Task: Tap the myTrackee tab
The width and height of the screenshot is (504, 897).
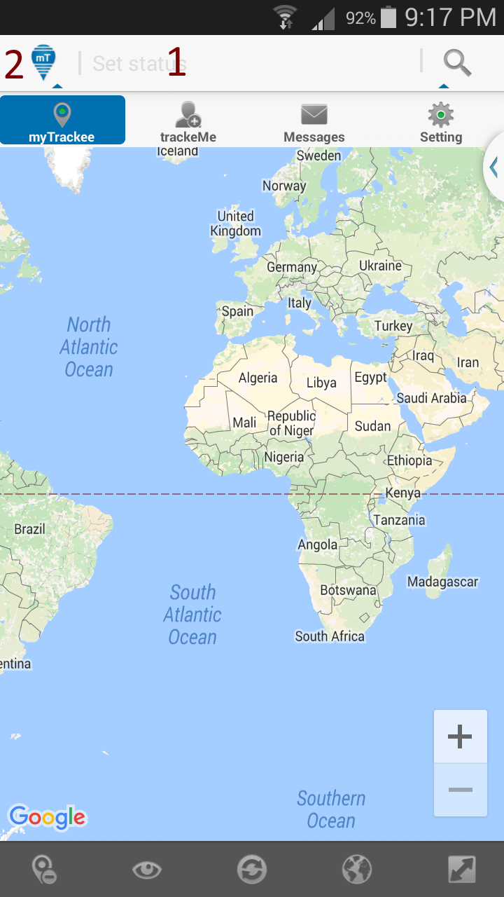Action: pyautogui.click(x=62, y=121)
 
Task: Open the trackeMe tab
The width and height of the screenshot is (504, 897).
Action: pyautogui.click(x=188, y=121)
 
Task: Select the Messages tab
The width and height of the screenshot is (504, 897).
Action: pyautogui.click(x=314, y=121)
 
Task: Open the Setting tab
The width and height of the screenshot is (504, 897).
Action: pyautogui.click(x=440, y=121)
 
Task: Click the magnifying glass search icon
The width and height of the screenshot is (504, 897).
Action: pyautogui.click(x=457, y=63)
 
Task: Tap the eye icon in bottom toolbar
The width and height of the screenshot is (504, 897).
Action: pyautogui.click(x=147, y=870)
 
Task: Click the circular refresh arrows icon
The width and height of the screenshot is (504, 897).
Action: pyautogui.click(x=252, y=870)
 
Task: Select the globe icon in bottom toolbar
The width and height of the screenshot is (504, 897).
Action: pyautogui.click(x=357, y=870)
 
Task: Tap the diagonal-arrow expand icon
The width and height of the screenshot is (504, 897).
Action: pyautogui.click(x=462, y=870)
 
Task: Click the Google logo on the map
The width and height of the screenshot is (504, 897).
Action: pyautogui.click(x=48, y=817)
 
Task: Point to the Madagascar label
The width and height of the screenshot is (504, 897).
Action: pyautogui.click(x=442, y=582)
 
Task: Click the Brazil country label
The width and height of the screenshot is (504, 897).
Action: pyautogui.click(x=29, y=529)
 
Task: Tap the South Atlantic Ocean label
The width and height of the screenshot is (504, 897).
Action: pyautogui.click(x=192, y=615)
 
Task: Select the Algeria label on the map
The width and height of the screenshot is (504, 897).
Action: pyautogui.click(x=258, y=378)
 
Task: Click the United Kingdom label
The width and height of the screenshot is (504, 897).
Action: pyautogui.click(x=235, y=224)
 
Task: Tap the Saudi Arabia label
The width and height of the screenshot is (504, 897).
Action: pyautogui.click(x=431, y=398)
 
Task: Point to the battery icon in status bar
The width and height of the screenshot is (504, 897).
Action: pyautogui.click(x=388, y=18)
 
